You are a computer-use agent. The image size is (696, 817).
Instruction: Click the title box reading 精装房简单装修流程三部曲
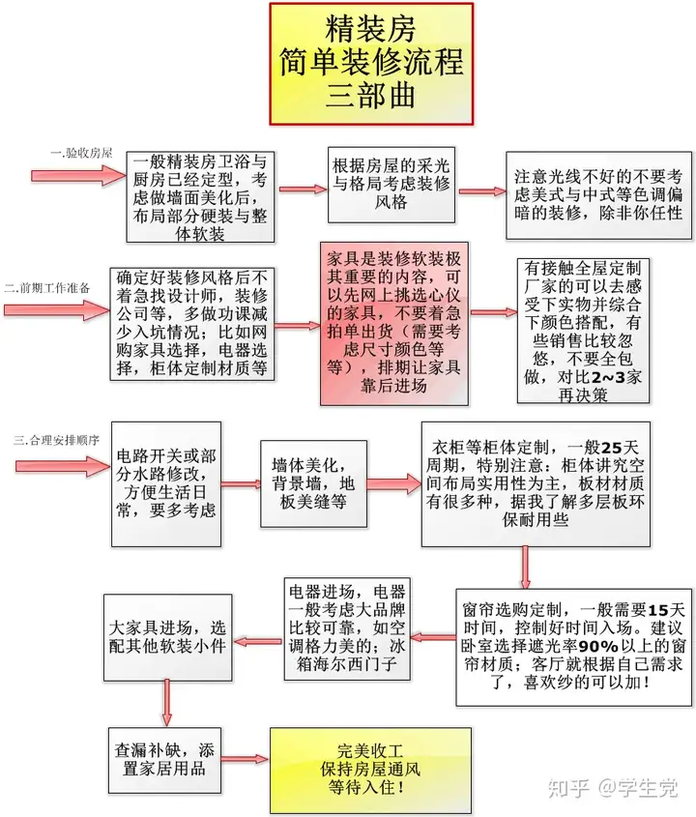pyautogui.click(x=371, y=64)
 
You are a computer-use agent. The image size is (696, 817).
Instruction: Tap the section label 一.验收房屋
pyautogui.click(x=81, y=153)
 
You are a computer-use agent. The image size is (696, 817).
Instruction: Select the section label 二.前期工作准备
pyautogui.click(x=47, y=287)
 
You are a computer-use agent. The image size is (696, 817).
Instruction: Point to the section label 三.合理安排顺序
pyautogui.click(x=56, y=440)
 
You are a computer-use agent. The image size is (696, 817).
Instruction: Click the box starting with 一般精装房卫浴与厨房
pyautogui.click(x=200, y=197)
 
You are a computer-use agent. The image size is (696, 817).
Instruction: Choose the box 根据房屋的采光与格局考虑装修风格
pyautogui.click(x=391, y=185)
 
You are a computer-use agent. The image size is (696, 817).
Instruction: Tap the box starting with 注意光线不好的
pyautogui.click(x=598, y=195)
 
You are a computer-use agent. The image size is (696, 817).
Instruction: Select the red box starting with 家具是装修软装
pyautogui.click(x=393, y=324)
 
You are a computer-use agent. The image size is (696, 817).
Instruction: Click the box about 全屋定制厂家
pyautogui.click(x=583, y=331)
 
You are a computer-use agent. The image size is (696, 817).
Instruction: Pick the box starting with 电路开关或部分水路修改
pyautogui.click(x=166, y=484)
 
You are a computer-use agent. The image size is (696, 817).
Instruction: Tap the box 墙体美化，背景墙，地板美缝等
pyautogui.click(x=313, y=483)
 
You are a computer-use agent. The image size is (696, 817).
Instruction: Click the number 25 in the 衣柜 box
pyautogui.click(x=612, y=448)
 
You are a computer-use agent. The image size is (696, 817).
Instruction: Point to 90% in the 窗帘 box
pyautogui.click(x=598, y=646)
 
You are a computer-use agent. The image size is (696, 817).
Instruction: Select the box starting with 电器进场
pyautogui.click(x=347, y=628)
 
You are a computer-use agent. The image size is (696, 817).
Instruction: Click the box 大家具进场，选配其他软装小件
pyautogui.click(x=168, y=637)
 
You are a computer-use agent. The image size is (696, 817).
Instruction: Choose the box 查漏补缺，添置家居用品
pyautogui.click(x=164, y=760)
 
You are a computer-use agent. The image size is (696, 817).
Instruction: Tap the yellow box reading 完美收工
pyautogui.click(x=370, y=769)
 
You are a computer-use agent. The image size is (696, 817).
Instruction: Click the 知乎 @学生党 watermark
pyautogui.click(x=613, y=787)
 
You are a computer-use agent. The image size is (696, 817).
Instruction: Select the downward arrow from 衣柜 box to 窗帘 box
pyautogui.click(x=526, y=568)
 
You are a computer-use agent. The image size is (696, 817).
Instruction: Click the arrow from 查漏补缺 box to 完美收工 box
pyautogui.click(x=246, y=759)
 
